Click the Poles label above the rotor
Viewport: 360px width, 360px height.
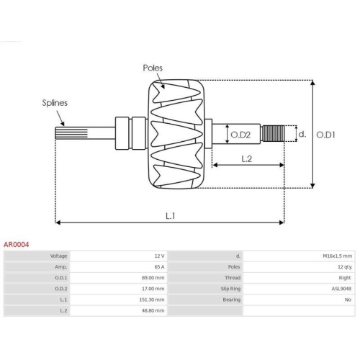[x=153, y=68]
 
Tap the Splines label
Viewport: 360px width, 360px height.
[x=55, y=103]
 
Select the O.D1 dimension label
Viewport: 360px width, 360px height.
[x=325, y=135]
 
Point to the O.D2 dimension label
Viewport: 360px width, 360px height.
[x=240, y=135]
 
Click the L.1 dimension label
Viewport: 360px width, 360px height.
[x=171, y=216]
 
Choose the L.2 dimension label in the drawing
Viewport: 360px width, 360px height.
[x=246, y=159]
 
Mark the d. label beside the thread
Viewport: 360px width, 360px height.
[x=302, y=134]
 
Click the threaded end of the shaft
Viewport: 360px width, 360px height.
[x=273, y=133]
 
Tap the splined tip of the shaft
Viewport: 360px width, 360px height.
[x=71, y=133]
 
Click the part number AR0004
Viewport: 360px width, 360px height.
[x=16, y=245]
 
